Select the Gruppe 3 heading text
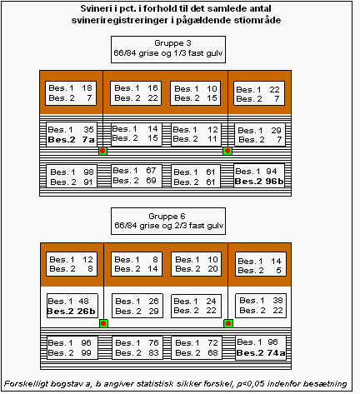172,43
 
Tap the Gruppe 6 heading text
167,216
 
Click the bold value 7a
88,139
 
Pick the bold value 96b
274,182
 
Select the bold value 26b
86,311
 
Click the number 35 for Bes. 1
88,129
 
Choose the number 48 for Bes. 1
83,301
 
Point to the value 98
88,172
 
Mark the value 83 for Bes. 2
153,353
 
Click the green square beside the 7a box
102,151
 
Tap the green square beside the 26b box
103,323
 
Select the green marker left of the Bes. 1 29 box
227,151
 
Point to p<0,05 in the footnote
251,384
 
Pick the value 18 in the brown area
87,88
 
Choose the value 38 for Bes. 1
277,300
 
